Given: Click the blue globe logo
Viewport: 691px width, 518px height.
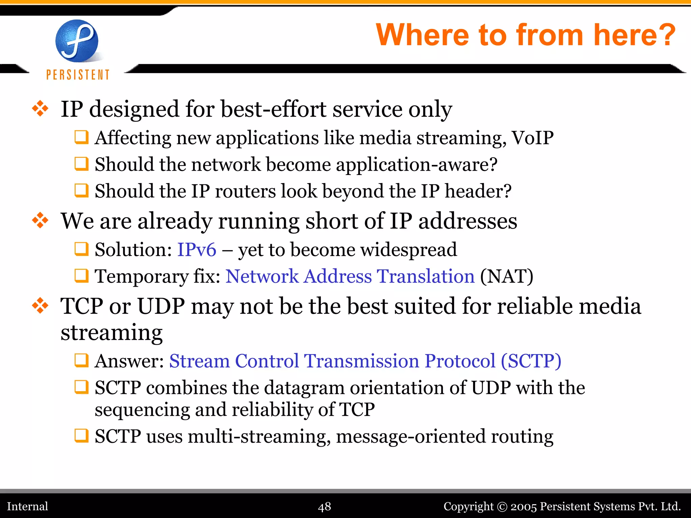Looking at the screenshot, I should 77,41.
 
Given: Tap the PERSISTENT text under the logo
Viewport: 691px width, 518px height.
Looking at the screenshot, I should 78,75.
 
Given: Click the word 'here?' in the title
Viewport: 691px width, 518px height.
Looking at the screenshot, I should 634,35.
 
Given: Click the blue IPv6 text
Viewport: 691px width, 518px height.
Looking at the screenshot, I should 197,250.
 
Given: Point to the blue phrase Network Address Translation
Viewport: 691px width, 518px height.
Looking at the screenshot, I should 350,277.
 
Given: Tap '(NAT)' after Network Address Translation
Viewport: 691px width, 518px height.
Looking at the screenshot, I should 506,277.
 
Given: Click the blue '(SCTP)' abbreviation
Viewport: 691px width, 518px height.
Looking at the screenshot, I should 531,361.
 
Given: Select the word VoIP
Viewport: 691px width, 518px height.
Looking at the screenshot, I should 532,138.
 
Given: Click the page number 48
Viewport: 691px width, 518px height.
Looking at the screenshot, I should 325,507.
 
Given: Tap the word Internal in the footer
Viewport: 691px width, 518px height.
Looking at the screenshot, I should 28,507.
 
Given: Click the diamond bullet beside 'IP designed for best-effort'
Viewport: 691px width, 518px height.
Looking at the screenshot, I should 40,109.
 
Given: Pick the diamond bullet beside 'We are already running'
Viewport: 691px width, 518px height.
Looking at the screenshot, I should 40,221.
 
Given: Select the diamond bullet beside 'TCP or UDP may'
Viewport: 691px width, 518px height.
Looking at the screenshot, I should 40,306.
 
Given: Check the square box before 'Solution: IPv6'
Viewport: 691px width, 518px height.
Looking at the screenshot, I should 81,250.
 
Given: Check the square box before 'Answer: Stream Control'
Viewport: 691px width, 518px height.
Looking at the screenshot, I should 81,361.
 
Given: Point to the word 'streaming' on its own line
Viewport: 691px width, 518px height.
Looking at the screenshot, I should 111,333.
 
